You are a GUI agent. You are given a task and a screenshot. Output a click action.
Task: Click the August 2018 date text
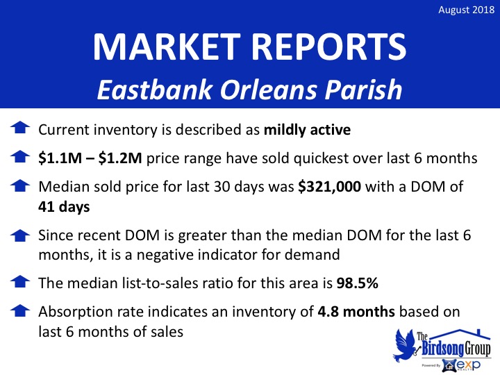point(466,10)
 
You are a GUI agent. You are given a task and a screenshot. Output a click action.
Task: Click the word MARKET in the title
point(167,47)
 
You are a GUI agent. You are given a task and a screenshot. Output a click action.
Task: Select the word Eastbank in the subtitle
point(155,90)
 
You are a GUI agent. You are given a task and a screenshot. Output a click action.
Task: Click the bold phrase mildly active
point(308,130)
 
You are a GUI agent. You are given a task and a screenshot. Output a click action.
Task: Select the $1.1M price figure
point(60,158)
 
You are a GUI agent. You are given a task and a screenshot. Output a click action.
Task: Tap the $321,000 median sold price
point(329,187)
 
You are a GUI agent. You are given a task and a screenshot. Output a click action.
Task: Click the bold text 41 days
point(64,207)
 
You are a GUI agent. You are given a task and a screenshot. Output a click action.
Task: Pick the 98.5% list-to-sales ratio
point(358,283)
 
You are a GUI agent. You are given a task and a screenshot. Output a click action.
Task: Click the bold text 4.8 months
point(356,312)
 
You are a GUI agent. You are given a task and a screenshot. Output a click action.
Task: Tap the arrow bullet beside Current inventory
point(20,128)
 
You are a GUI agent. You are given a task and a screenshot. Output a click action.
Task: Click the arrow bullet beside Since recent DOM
point(20,235)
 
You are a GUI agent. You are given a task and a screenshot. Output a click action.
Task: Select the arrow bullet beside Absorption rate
point(20,310)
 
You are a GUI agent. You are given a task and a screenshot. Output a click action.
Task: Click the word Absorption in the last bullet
point(75,312)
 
